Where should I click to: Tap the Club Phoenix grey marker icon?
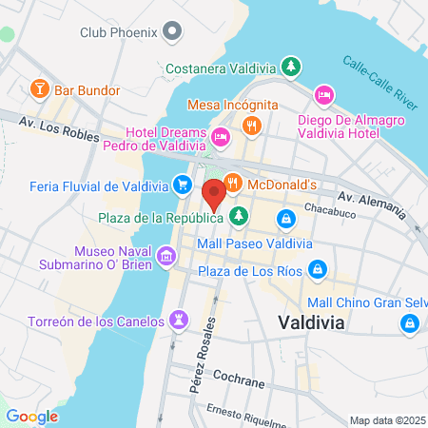click(x=172, y=31)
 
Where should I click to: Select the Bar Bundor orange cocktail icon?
click(x=40, y=90)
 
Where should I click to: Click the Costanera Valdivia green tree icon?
click(x=293, y=68)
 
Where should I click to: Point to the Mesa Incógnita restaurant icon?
click(x=251, y=124)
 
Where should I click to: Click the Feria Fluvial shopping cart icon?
click(x=182, y=185)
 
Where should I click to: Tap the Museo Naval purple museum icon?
click(x=166, y=255)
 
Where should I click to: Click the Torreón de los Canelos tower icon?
click(x=177, y=318)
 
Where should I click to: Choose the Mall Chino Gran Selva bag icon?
click(x=409, y=324)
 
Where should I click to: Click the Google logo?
click(x=31, y=416)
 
